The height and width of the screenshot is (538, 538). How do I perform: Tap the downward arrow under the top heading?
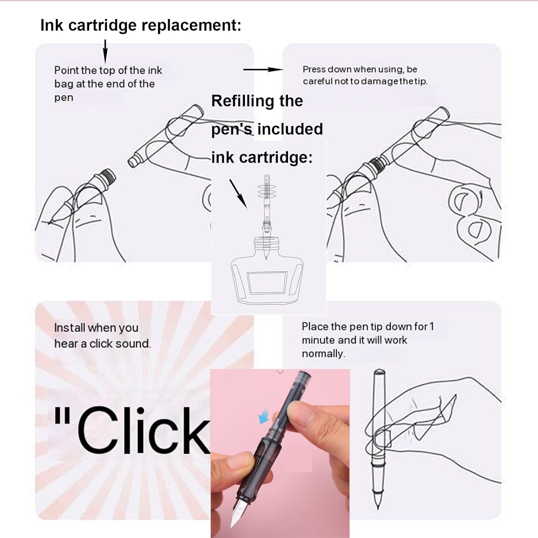[x=105, y=52]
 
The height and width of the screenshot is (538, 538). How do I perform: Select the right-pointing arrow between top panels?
[x=263, y=69]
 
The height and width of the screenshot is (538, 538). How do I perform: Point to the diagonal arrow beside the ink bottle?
[x=238, y=194]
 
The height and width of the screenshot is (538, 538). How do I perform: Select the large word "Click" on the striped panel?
[x=143, y=430]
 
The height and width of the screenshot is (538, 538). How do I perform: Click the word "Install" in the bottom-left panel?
[x=70, y=327]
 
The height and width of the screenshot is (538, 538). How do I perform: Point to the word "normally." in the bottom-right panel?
[x=323, y=354]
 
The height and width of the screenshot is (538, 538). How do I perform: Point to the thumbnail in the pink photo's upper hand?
[x=299, y=409]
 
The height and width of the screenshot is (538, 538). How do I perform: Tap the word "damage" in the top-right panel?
[x=380, y=82]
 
